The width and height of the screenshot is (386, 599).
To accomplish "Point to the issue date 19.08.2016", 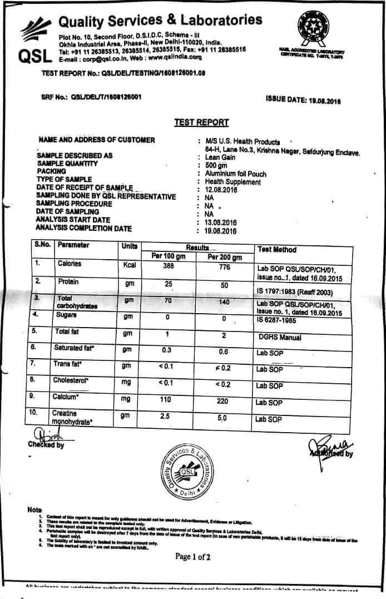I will (x=321, y=100).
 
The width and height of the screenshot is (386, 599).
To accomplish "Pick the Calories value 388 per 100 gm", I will (x=168, y=266).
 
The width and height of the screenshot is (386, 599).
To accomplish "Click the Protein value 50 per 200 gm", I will (x=224, y=285).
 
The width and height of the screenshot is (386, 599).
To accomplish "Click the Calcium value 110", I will (x=167, y=400).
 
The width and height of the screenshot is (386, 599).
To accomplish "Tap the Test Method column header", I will (x=277, y=250).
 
